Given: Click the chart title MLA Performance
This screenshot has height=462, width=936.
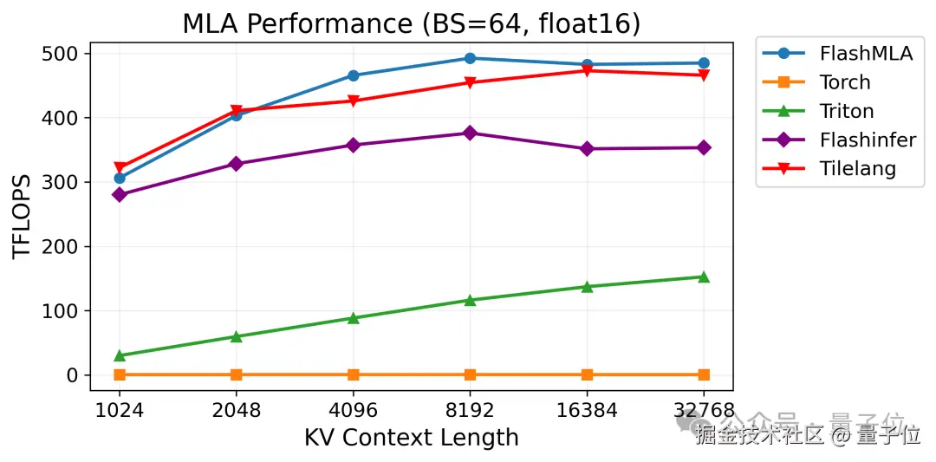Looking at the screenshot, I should click(x=411, y=24).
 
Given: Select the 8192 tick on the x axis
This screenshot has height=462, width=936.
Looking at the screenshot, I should click(x=470, y=410).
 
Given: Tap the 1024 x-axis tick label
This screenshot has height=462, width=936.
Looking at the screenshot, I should click(x=119, y=410).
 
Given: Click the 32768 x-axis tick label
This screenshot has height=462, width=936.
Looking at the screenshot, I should click(x=703, y=410).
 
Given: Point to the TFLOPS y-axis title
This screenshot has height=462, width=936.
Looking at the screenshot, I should click(x=23, y=215).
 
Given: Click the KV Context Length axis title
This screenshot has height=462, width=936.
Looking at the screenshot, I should click(x=411, y=438).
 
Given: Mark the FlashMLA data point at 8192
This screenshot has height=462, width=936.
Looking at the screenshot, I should click(x=470, y=58).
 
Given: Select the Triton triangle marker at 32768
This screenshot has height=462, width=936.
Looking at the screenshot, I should click(x=704, y=277).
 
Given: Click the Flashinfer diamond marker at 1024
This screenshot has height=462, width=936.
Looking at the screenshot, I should click(x=120, y=195).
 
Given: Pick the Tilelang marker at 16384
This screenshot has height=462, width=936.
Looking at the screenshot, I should click(x=587, y=70).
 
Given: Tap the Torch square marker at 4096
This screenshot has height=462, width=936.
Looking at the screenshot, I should click(x=353, y=374).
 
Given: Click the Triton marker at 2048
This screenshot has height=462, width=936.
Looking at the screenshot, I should click(x=236, y=336).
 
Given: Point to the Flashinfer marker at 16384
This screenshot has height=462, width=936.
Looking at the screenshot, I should click(x=587, y=149).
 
